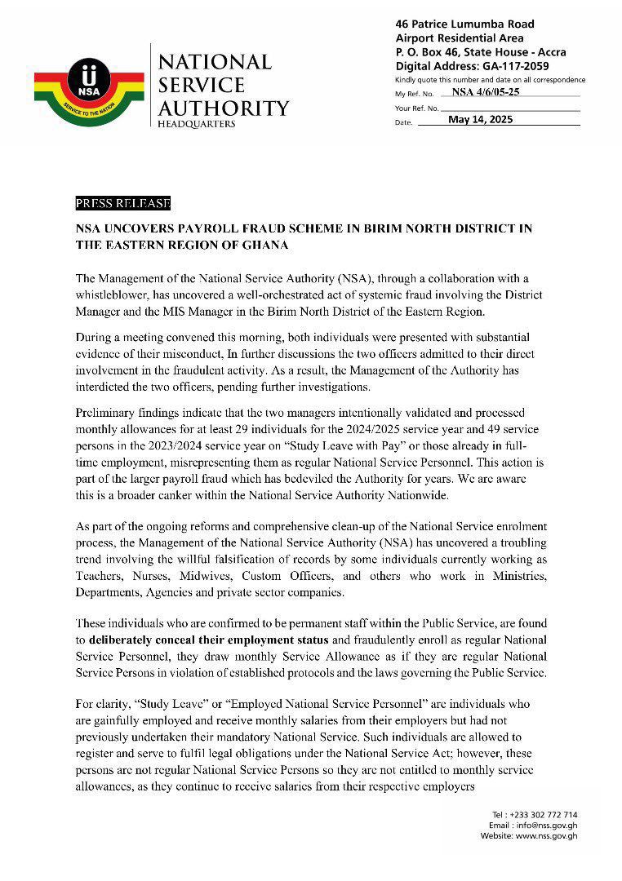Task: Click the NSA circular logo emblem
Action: click(87, 78)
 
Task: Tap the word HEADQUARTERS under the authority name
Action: click(197, 124)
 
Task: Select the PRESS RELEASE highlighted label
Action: click(122, 203)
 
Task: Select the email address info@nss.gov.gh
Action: click(546, 825)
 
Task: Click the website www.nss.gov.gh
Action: click(546, 836)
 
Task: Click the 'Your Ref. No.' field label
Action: click(416, 108)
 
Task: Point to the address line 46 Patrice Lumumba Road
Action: click(466, 24)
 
